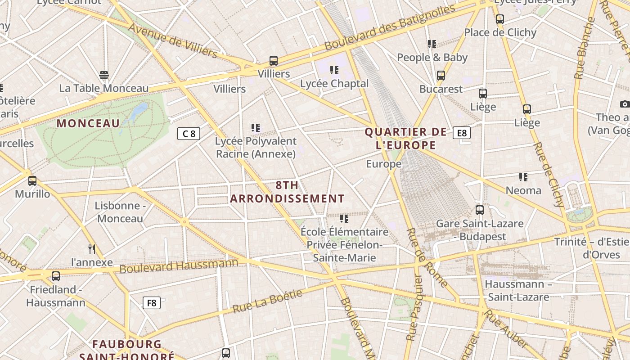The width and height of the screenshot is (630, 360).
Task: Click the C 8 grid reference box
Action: click(x=189, y=134)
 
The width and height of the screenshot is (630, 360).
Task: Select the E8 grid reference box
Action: click(x=462, y=133)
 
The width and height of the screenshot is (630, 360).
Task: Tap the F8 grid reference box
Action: click(x=152, y=303)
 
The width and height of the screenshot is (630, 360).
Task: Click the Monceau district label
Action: click(x=88, y=123)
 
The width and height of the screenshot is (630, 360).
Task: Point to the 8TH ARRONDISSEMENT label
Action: click(x=287, y=192)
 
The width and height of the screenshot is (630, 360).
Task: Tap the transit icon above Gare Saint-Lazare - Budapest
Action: click(x=480, y=210)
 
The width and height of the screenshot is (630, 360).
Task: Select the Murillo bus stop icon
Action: click(x=32, y=181)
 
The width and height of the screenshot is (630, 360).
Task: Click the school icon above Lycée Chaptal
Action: click(x=334, y=70)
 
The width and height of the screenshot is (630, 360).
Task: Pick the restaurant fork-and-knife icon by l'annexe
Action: click(x=92, y=249)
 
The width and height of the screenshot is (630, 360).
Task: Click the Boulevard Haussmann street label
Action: click(x=179, y=265)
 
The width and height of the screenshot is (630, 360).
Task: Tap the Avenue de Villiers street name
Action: click(x=173, y=41)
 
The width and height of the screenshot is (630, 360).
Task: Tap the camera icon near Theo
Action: click(x=625, y=104)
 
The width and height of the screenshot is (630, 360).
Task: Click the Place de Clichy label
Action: click(x=500, y=32)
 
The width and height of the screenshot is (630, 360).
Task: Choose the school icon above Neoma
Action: click(x=523, y=177)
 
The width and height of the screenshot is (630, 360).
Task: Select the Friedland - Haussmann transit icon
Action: click(x=56, y=276)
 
